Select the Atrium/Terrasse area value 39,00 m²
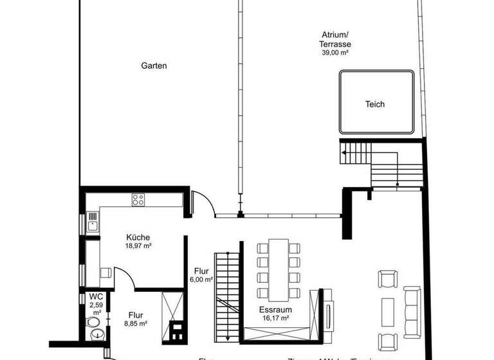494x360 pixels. (x=334, y=53)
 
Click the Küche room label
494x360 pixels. (x=138, y=237)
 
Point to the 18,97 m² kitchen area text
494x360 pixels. (x=138, y=246)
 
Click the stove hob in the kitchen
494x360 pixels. (x=138, y=199)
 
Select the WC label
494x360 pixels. (x=96, y=296)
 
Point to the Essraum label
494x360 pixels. (x=275, y=309)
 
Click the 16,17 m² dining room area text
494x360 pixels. (x=275, y=318)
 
